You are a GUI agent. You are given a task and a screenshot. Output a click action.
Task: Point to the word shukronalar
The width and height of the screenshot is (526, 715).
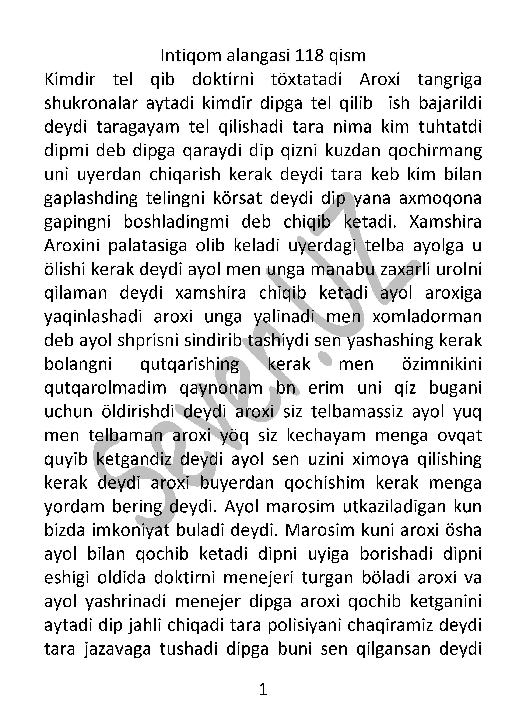click(91, 103)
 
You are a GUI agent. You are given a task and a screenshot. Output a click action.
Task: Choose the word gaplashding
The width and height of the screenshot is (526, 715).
click(91, 198)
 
